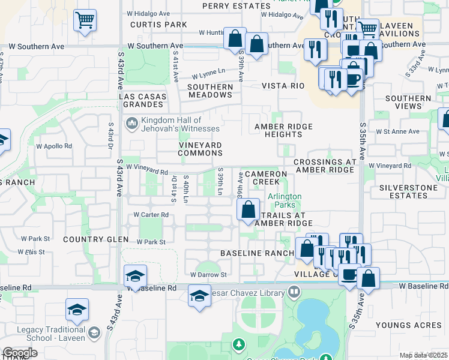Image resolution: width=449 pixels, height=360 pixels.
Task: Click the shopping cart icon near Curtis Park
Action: (85, 20)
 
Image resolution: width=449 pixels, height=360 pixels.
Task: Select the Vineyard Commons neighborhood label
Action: (200, 149)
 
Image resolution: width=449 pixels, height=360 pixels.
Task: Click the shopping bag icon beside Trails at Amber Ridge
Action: (248, 210)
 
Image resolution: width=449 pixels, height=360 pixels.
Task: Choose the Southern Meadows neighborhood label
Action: (210, 91)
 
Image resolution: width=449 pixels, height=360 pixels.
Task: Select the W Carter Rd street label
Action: (149, 214)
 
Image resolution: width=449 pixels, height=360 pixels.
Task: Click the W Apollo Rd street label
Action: (54, 145)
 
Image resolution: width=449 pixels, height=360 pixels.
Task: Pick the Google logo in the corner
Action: (20, 353)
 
